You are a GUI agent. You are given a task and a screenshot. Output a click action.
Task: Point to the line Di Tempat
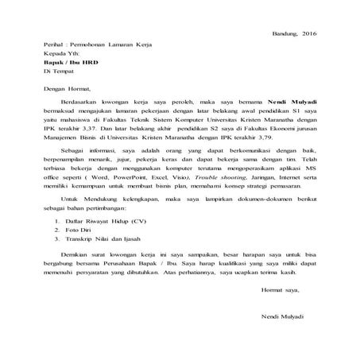click(59, 78)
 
